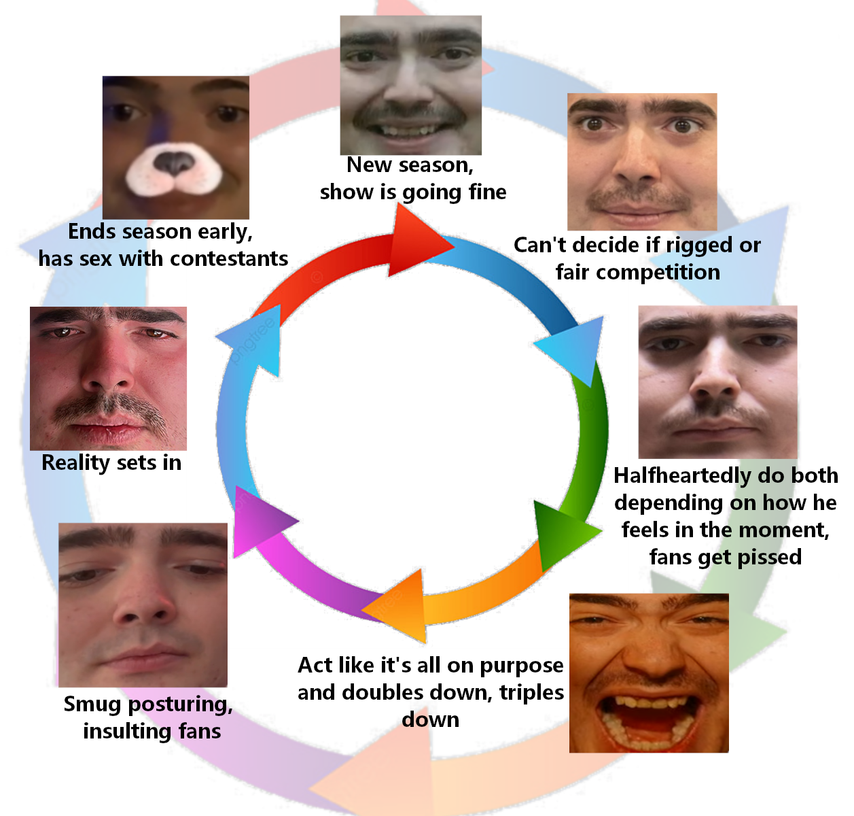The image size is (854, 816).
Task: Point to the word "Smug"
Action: pyautogui.click(x=92, y=704)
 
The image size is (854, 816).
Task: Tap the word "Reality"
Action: pyautogui.click(x=75, y=463)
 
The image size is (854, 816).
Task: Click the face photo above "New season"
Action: pyautogui.click(x=410, y=85)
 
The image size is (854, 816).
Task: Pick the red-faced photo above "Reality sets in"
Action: pyautogui.click(x=108, y=378)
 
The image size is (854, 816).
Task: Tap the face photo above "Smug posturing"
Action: pyautogui.click(x=143, y=605)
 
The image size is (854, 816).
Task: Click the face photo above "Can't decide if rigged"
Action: pyautogui.click(x=642, y=161)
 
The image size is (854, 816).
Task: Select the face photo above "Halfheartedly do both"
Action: pyautogui.click(x=717, y=381)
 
